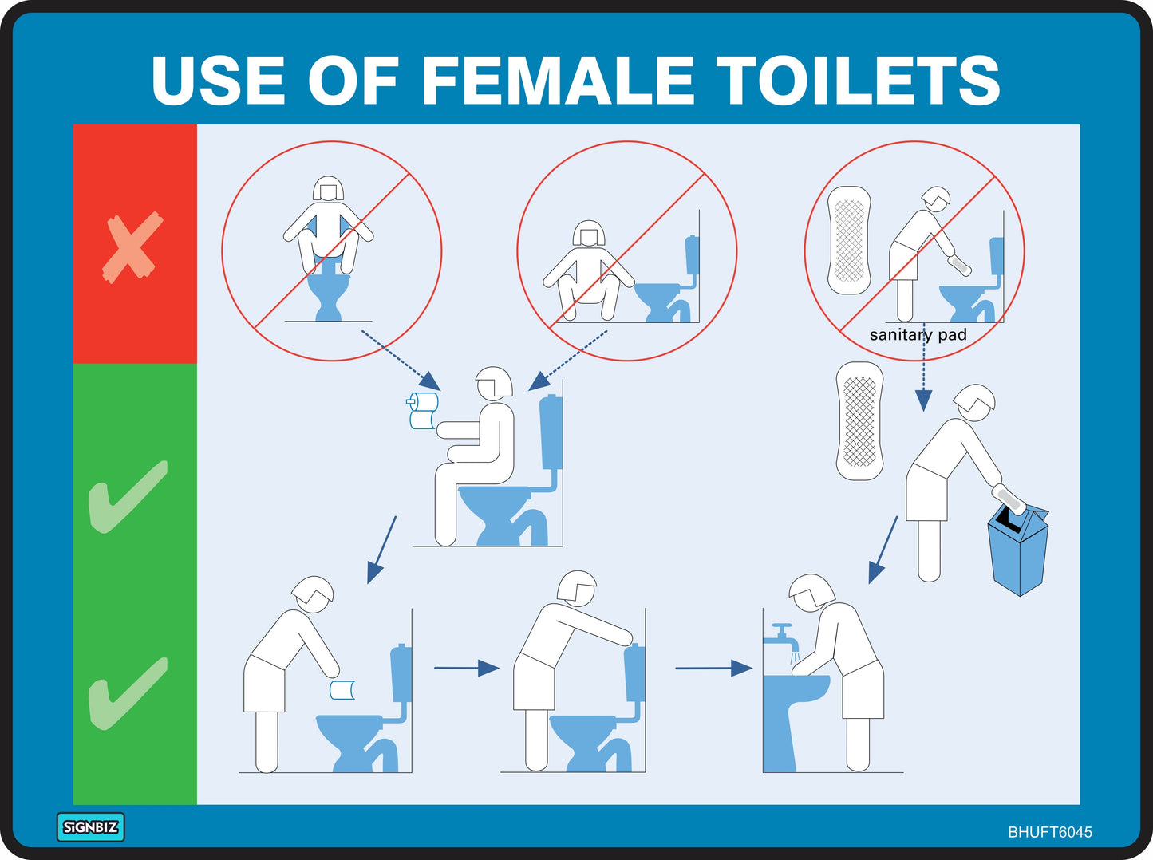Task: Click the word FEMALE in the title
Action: click(557, 81)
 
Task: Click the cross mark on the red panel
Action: click(132, 247)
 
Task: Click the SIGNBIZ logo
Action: click(90, 827)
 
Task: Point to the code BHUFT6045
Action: click(1049, 832)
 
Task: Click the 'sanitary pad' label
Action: click(918, 335)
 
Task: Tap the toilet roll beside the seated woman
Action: click(423, 410)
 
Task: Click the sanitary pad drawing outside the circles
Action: click(859, 420)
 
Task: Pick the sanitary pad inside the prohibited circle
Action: click(849, 240)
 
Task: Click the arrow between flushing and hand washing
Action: click(713, 668)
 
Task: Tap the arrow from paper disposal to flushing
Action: click(466, 668)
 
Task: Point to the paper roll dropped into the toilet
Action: click(342, 690)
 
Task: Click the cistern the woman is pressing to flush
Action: click(635, 673)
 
